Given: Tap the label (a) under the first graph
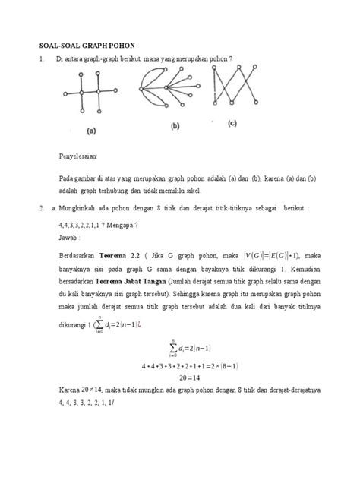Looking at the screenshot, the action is [x=90, y=131].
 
